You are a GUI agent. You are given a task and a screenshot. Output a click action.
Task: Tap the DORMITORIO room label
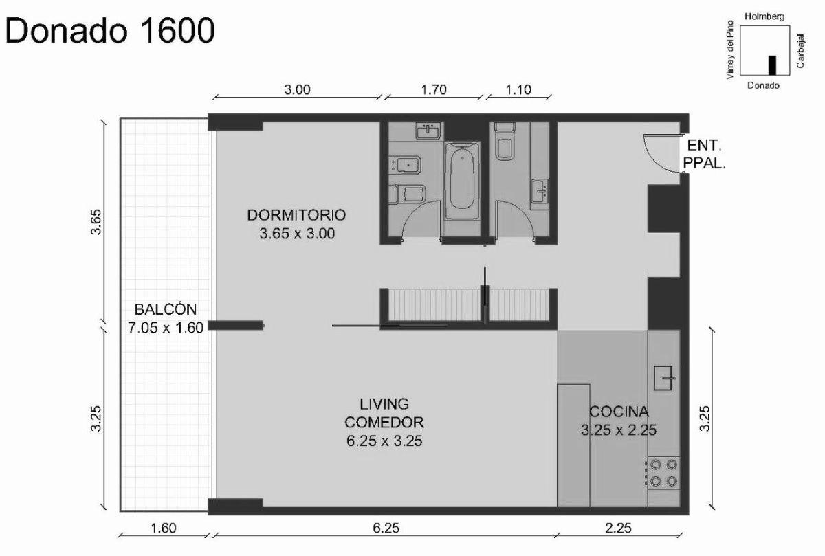pyautogui.click(x=297, y=223)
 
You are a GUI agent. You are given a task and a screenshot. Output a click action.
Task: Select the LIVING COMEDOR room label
pyautogui.click(x=384, y=421)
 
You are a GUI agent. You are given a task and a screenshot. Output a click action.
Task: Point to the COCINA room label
pyautogui.click(x=619, y=421)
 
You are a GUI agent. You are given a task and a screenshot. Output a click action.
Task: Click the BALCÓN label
pyautogui.click(x=165, y=318)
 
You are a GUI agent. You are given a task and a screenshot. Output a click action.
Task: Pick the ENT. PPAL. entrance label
pyautogui.click(x=705, y=155)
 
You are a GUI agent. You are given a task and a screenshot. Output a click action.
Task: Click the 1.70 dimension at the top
pyautogui.click(x=433, y=89)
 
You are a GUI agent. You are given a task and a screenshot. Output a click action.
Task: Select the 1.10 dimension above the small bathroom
pyautogui.click(x=518, y=89)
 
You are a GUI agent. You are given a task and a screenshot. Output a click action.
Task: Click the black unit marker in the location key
pyautogui.click(x=772, y=65)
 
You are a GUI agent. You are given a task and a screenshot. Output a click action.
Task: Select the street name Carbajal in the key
pyautogui.click(x=802, y=49)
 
